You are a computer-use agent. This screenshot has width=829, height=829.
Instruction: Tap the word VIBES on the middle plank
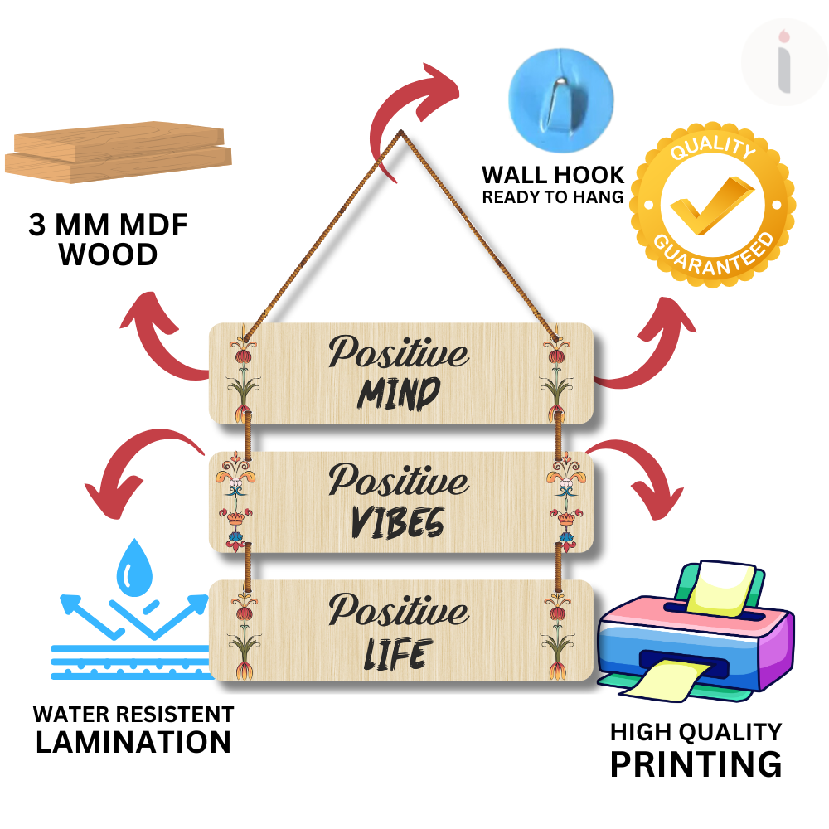click(398, 522)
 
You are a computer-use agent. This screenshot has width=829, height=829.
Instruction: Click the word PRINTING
click(696, 764)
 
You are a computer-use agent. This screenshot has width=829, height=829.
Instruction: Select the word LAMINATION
click(133, 741)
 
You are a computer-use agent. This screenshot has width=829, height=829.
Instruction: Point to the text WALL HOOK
click(554, 176)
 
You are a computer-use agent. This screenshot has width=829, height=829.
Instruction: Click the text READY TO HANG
click(554, 197)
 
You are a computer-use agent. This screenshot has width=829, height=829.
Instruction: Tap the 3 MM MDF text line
click(109, 226)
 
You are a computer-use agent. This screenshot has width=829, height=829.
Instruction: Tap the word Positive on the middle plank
click(398, 480)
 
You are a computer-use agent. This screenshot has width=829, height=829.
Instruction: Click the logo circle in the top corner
click(784, 63)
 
